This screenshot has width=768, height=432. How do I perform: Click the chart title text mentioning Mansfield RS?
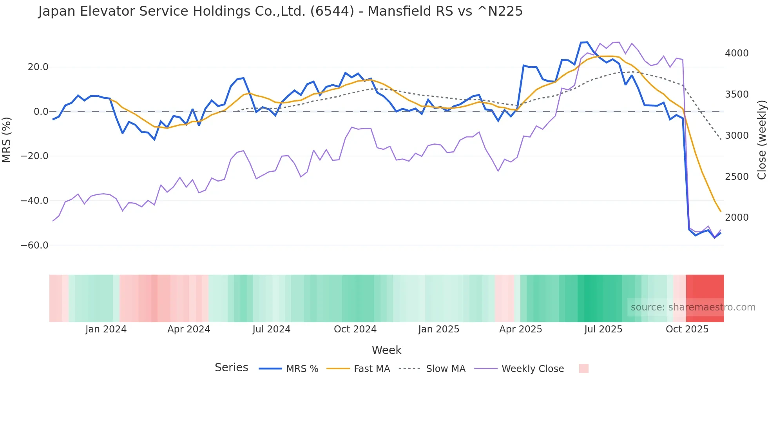coord(280,11)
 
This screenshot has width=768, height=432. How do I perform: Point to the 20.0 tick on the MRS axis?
coord(38,67)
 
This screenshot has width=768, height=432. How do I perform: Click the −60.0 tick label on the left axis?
coord(34,245)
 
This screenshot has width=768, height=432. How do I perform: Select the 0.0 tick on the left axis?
coord(41,112)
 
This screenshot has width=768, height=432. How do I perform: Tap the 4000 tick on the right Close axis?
coord(737,53)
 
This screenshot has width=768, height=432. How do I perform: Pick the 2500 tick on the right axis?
coord(737,177)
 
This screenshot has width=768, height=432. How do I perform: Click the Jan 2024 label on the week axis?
coord(106,329)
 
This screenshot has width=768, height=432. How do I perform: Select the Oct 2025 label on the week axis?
coord(687,329)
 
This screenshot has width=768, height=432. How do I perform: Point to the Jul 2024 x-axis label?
coord(271,329)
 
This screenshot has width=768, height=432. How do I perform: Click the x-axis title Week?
coord(386,350)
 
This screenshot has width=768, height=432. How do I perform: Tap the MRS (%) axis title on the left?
coord(7,140)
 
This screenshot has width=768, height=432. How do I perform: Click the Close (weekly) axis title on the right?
coord(761,140)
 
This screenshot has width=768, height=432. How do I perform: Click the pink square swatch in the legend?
coord(583,368)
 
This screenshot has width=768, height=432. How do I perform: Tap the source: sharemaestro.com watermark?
coord(693,307)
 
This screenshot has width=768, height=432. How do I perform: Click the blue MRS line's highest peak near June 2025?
coord(587,42)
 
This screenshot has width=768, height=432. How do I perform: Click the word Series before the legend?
coord(231,368)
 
